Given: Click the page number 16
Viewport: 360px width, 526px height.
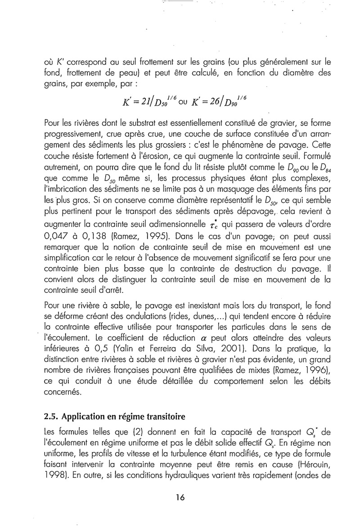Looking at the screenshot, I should [x=180, y=498].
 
